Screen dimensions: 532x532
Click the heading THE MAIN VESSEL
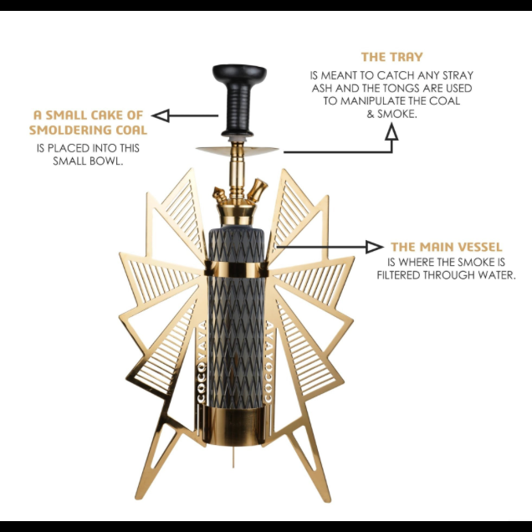click(x=446, y=247)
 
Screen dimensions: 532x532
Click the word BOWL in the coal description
click(x=108, y=162)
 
